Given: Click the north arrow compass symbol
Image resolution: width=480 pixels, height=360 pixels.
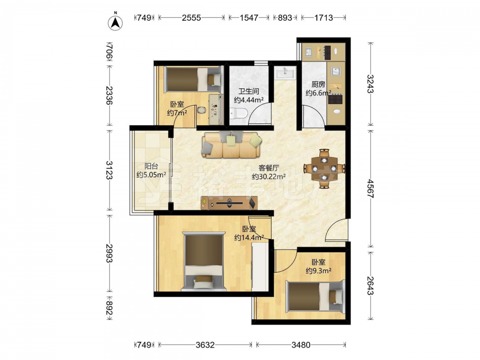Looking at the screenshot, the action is (115, 22).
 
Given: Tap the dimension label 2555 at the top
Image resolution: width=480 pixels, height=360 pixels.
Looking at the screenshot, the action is (192, 18).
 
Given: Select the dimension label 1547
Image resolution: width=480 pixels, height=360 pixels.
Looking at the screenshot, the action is (249, 18).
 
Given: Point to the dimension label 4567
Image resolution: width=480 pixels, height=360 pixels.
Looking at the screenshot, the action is (371, 189).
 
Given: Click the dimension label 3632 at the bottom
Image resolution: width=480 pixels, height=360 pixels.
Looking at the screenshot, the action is (205, 345).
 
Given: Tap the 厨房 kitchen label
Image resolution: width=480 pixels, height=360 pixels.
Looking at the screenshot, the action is (318, 84).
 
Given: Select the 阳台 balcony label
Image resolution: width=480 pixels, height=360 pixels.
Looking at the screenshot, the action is (151, 166).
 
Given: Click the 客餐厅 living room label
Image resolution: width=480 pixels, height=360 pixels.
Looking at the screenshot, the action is (269, 168).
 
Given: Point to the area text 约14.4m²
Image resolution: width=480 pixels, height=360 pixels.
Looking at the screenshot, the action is (249, 238).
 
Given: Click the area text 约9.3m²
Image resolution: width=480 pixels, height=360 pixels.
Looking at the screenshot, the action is (318, 271).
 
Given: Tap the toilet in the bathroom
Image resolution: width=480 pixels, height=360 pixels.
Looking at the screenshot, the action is (239, 113).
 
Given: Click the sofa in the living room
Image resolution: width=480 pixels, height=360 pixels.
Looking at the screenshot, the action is (232, 144).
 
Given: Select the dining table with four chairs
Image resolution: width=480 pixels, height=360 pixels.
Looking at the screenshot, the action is (324, 168).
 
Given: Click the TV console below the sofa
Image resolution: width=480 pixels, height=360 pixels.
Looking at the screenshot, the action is (229, 203).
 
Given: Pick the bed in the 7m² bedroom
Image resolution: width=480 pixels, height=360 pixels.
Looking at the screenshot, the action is (192, 79).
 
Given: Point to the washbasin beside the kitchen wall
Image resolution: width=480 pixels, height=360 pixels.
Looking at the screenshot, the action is (285, 74).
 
